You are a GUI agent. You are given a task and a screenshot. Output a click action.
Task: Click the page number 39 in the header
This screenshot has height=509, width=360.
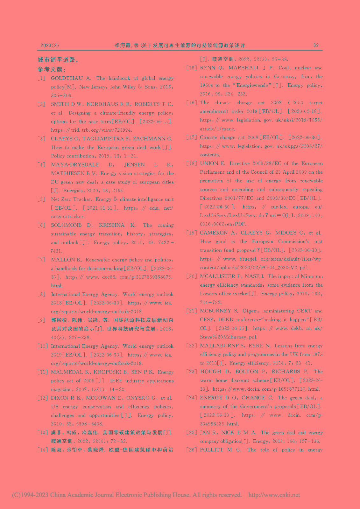pyautogui.click(x=316, y=45)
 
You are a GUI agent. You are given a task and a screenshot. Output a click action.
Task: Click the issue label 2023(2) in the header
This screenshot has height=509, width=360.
pyautogui.click(x=50, y=45)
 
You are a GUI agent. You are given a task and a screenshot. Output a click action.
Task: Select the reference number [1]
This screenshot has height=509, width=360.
pyautogui.click(x=41, y=78)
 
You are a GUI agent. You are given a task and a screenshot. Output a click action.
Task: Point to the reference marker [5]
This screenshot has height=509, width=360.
pyautogui.click(x=41, y=199)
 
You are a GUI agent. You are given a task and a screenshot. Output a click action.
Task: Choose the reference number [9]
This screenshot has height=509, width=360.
pyautogui.click(x=41, y=320)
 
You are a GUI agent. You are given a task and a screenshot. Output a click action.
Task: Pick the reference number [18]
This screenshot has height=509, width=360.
pyautogui.click(x=192, y=164)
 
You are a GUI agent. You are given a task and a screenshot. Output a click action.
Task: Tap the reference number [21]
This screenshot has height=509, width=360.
pyautogui.click(x=192, y=311)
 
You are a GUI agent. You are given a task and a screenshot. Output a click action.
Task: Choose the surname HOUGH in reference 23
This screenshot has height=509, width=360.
pyautogui.click(x=210, y=372)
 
